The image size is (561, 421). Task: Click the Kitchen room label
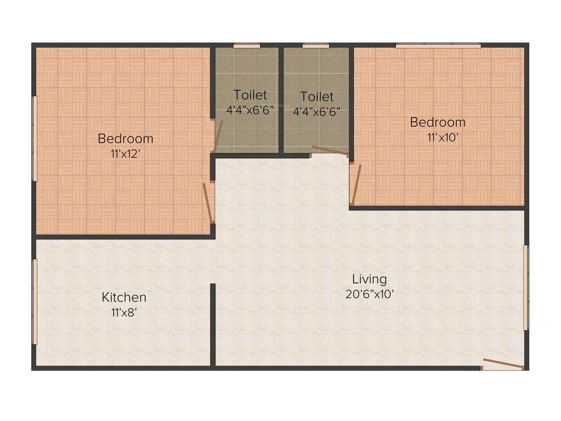(x=124, y=298)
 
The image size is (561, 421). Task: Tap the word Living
(x=369, y=279)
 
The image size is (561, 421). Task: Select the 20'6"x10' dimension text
(x=370, y=294)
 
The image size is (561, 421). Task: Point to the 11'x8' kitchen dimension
(x=124, y=313)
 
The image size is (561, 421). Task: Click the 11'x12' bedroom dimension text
(x=126, y=154)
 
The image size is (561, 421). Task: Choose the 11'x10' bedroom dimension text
(x=442, y=138)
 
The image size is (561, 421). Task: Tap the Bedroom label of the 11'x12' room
(x=125, y=138)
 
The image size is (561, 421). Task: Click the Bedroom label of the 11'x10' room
(x=438, y=122)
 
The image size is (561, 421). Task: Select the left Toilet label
(x=250, y=95)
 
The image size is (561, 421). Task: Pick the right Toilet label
(x=317, y=97)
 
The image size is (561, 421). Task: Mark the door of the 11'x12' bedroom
(x=208, y=202)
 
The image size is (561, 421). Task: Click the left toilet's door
(x=218, y=135)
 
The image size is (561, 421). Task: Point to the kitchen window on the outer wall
(x=35, y=301)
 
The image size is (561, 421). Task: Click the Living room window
(x=526, y=287)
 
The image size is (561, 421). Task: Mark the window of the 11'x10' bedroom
(x=438, y=45)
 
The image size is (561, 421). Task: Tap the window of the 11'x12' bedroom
(x=35, y=138)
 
